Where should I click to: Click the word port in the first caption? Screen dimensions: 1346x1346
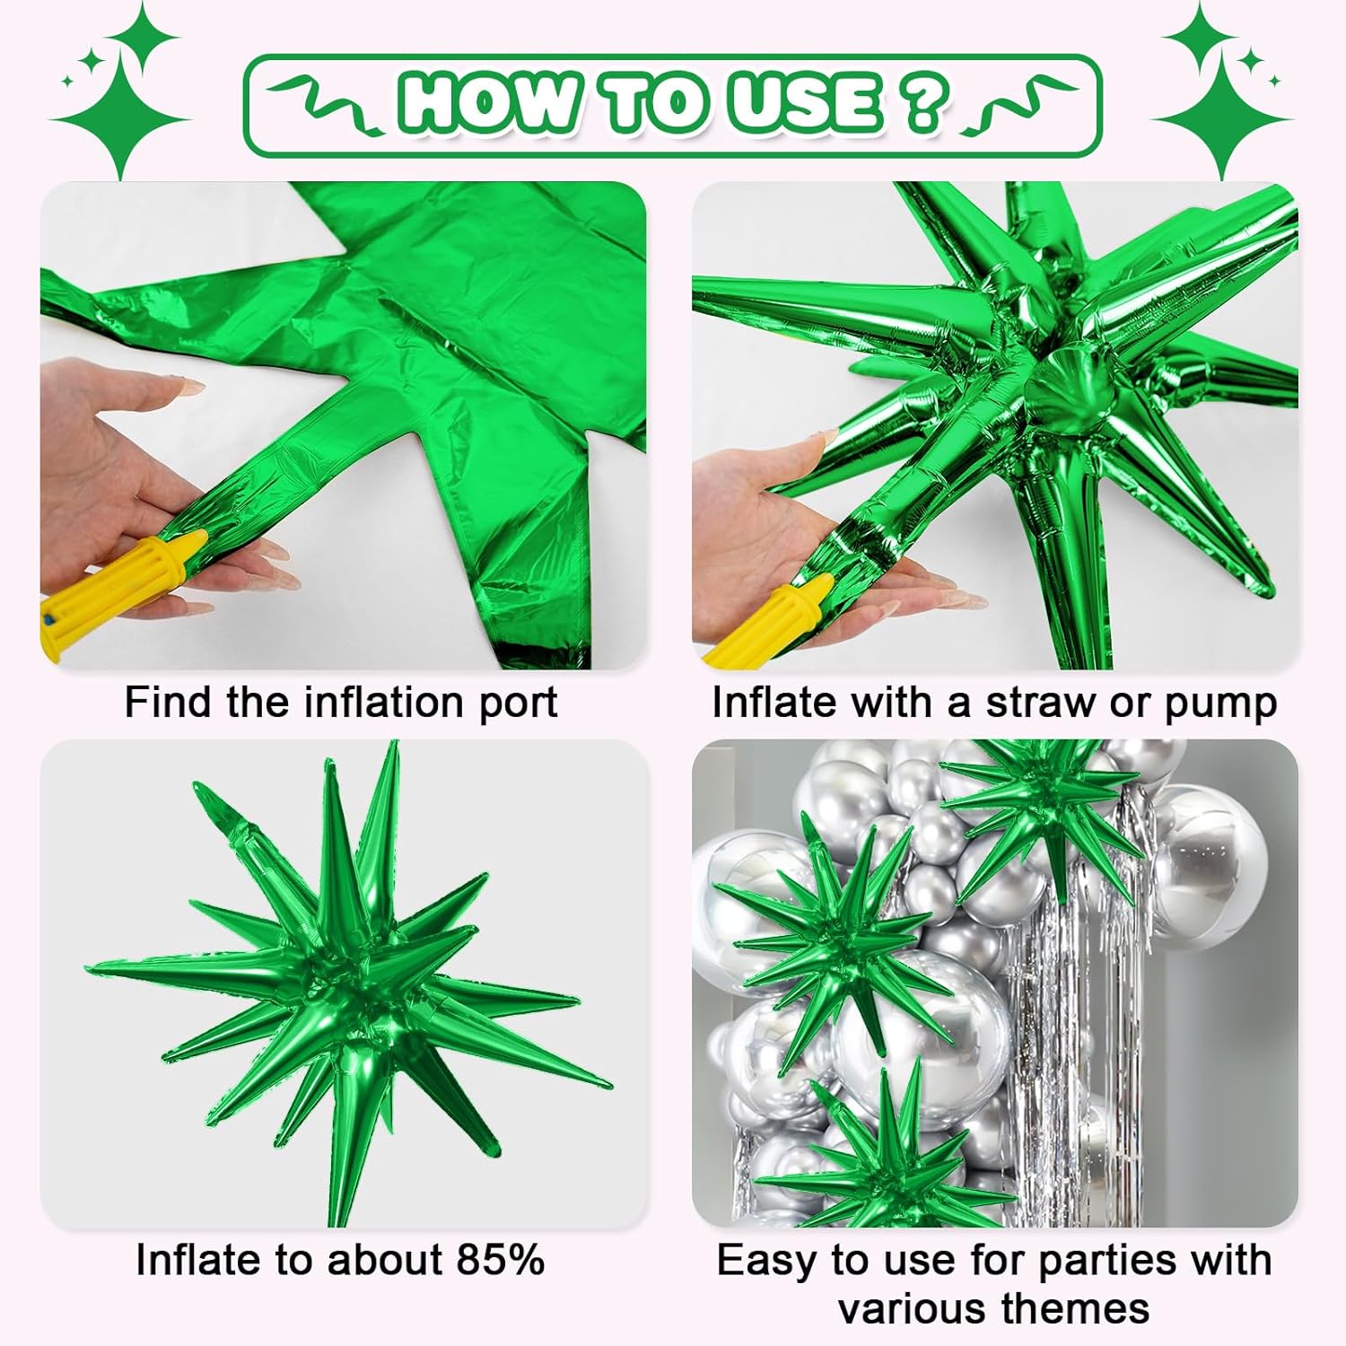[x=518, y=703]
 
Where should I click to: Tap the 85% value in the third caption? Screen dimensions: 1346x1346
[x=500, y=1260]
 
